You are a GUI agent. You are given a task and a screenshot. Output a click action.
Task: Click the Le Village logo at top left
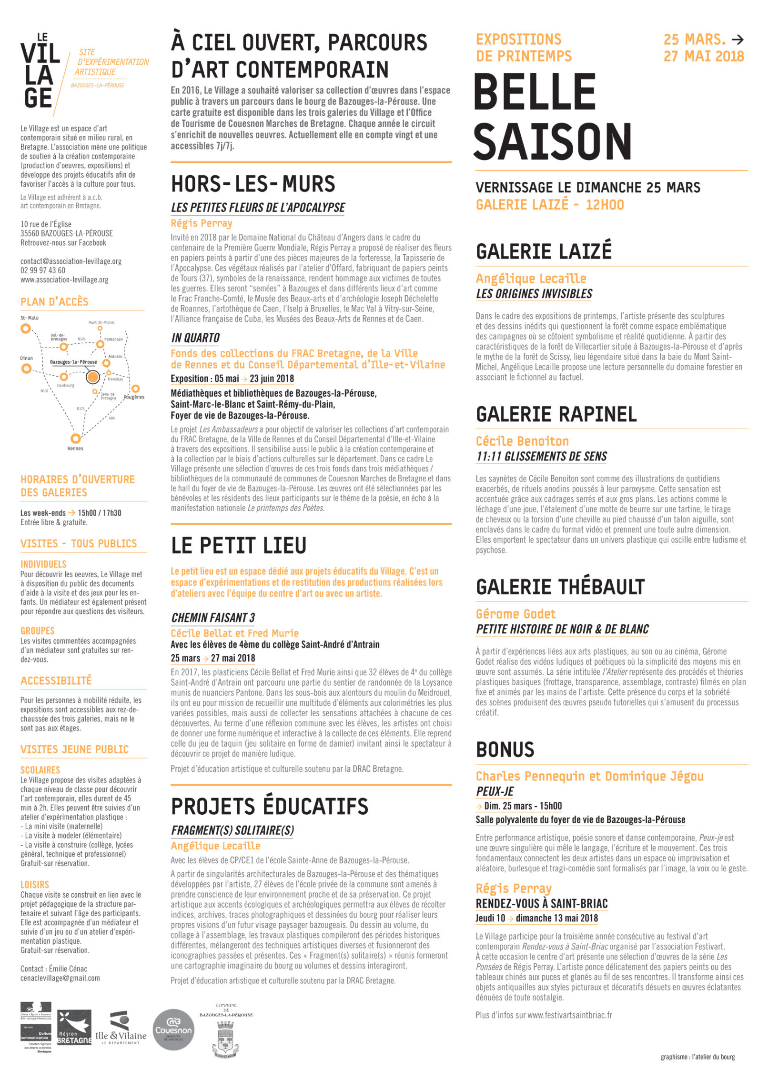click(x=40, y=71)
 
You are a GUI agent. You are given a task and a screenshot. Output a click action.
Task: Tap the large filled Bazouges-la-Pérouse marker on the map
click(x=92, y=377)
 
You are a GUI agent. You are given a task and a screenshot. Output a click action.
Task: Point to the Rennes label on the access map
click(x=75, y=449)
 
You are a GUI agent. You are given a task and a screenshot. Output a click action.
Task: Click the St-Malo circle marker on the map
click(x=26, y=329)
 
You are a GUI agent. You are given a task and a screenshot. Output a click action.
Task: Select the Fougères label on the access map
click(x=134, y=397)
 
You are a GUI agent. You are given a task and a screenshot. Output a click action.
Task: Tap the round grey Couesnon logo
click(x=173, y=1029)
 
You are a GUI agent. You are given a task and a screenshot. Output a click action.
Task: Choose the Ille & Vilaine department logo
click(x=121, y=1029)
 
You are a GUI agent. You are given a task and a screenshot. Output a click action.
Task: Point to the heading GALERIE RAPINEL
click(x=556, y=414)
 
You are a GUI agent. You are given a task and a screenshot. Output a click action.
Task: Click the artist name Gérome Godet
click(x=515, y=614)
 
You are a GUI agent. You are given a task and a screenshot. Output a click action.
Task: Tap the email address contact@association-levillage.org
click(x=71, y=261)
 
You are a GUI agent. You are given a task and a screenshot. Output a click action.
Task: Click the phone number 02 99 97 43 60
click(x=43, y=270)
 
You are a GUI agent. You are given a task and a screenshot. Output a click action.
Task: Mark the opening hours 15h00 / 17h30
click(x=100, y=513)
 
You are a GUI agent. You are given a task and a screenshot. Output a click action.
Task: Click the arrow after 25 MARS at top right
click(x=737, y=40)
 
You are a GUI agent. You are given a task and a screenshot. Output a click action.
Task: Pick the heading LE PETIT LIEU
click(x=238, y=546)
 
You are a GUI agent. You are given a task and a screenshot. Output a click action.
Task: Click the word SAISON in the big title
click(x=553, y=141)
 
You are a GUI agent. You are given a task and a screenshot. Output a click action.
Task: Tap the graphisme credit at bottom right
click(x=697, y=1057)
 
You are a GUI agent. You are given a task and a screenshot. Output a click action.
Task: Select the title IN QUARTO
click(x=195, y=338)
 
